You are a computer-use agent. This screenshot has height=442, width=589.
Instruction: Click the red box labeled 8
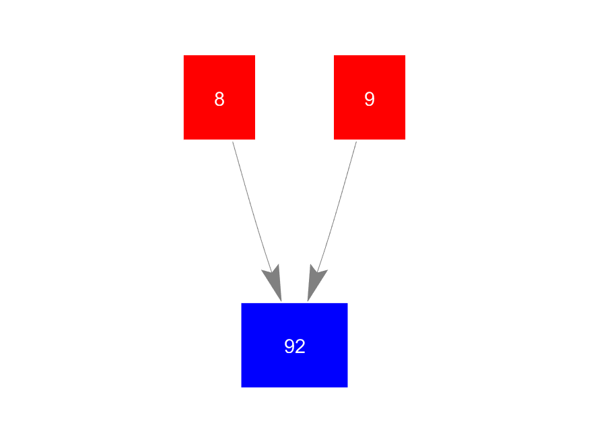pyautogui.click(x=219, y=97)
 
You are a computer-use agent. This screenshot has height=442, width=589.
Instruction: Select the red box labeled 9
pyautogui.click(x=369, y=97)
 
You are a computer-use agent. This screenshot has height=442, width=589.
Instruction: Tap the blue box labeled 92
pyautogui.click(x=294, y=345)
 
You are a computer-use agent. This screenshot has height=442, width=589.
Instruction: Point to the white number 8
pyautogui.click(x=219, y=99)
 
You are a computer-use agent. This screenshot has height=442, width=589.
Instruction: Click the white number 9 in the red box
pyautogui.click(x=369, y=99)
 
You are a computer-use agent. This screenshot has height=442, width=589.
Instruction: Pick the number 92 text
pyautogui.click(x=295, y=346)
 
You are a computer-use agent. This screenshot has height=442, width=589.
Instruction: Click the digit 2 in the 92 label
pyautogui.click(x=300, y=346)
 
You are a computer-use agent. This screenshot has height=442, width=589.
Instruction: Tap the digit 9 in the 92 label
pyautogui.click(x=289, y=346)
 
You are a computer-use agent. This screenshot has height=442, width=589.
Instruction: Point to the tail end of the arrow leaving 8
pyautogui.click(x=233, y=142)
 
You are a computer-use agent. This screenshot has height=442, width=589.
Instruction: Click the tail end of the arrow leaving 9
pyautogui.click(x=356, y=142)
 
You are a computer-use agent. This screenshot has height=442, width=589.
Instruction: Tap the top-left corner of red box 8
pyautogui.click(x=184, y=55)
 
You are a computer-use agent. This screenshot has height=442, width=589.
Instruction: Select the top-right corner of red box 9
pyautogui.click(x=405, y=55)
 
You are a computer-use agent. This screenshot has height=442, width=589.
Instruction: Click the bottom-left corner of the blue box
pyautogui.click(x=242, y=387)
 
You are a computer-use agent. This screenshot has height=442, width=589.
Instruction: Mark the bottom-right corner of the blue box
pyautogui.click(x=347, y=387)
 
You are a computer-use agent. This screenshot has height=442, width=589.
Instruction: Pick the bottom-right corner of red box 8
pyautogui.click(x=254, y=139)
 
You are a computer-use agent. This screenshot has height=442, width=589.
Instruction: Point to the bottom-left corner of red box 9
pyautogui.click(x=334, y=139)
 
